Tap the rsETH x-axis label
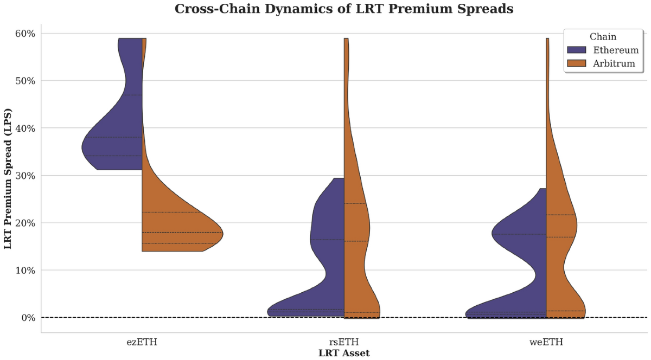[344, 342]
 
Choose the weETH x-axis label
[546, 342]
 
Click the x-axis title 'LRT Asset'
[344, 353]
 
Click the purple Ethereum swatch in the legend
[577, 50]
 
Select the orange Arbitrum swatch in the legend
[577, 63]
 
